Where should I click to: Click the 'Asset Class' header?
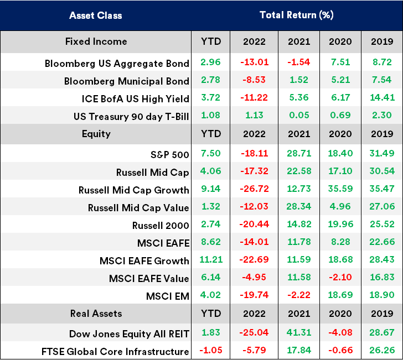[95, 15]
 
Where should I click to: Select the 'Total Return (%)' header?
[296, 15]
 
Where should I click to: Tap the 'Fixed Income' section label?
[96, 41]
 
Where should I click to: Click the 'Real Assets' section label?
[96, 314]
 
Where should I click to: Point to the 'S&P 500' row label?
[166, 154]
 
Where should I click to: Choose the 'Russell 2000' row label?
[161, 225]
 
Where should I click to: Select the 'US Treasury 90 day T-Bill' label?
[131, 117]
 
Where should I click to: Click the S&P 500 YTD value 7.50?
[210, 154]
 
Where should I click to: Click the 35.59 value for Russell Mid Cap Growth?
[340, 190]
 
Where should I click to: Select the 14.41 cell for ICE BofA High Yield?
[383, 99]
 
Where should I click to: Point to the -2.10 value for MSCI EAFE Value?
[340, 278]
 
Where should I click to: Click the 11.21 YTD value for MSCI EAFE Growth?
[210, 260]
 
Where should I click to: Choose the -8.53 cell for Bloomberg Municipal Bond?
[253, 81]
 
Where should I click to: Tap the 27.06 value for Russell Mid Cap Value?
[383, 207]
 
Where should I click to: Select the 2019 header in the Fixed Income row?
[383, 41]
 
